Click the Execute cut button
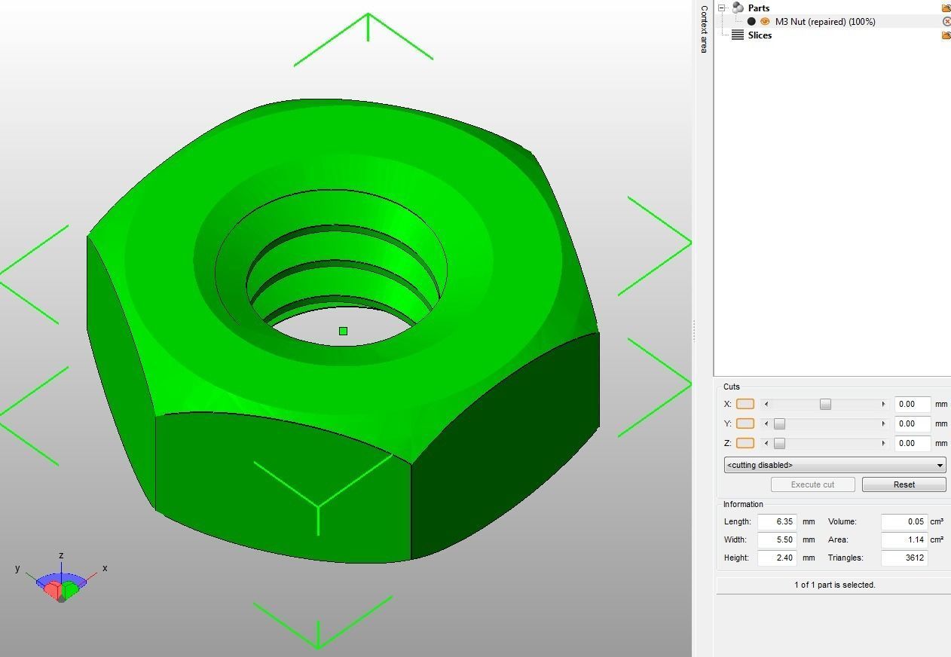pyautogui.click(x=812, y=484)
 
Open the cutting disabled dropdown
pyautogui.click(x=835, y=465)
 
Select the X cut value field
pyautogui.click(x=912, y=404)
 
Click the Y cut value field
pyautogui.click(x=912, y=423)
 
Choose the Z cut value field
pyautogui.click(x=912, y=443)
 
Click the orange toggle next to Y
pyautogui.click(x=745, y=423)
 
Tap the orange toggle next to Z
pyautogui.click(x=745, y=443)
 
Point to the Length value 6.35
pyautogui.click(x=777, y=521)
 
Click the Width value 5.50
pyautogui.click(x=777, y=539)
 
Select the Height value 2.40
pyautogui.click(x=777, y=558)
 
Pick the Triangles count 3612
pyautogui.click(x=904, y=558)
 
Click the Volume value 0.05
pyautogui.click(x=904, y=521)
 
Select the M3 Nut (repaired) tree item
pyautogui.click(x=824, y=22)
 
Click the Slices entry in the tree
pyautogui.click(x=760, y=35)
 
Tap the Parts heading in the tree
pyautogui.click(x=758, y=8)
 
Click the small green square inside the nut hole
pyautogui.click(x=344, y=331)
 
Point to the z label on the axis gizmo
pyautogui.click(x=61, y=555)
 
